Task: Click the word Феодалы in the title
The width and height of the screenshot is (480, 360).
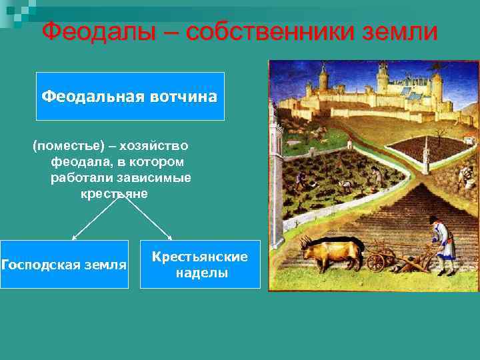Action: coord(99,31)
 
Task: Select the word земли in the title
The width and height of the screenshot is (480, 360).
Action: coord(400,31)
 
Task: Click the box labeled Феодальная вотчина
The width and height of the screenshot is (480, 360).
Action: coord(130,97)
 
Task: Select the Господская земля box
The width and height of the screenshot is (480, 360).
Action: coord(64,265)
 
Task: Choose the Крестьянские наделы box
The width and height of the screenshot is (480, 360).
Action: coord(200,265)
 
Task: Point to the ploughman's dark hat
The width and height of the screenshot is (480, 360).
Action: coord(434,219)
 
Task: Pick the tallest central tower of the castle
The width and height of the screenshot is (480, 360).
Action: coord(383,75)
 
